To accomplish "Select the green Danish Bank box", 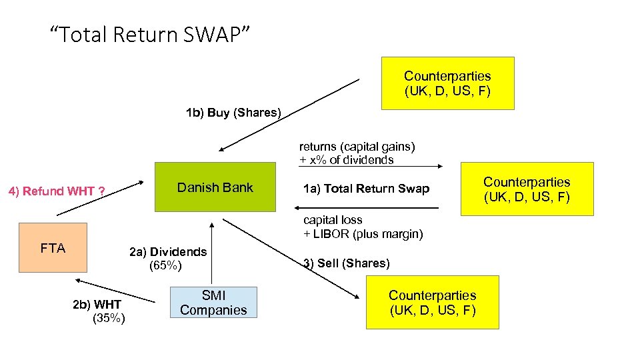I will point(215,187).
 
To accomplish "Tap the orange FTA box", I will point(53,248).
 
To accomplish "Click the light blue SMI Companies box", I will point(213,302).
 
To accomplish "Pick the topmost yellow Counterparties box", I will point(447,83).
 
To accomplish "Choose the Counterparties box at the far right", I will point(527,189).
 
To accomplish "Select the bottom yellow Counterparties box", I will point(432,302).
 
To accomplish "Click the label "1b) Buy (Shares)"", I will point(233,112).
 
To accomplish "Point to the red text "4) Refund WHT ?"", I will point(57,191).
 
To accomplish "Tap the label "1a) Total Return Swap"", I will point(366,189).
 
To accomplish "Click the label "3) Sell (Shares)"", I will point(346,263).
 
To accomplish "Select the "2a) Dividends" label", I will point(168,251).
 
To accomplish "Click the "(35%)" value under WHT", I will point(109,318).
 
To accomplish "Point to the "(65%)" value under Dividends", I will point(165,266).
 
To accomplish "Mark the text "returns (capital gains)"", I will point(357,146).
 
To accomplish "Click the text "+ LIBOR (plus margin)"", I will point(363,234).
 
